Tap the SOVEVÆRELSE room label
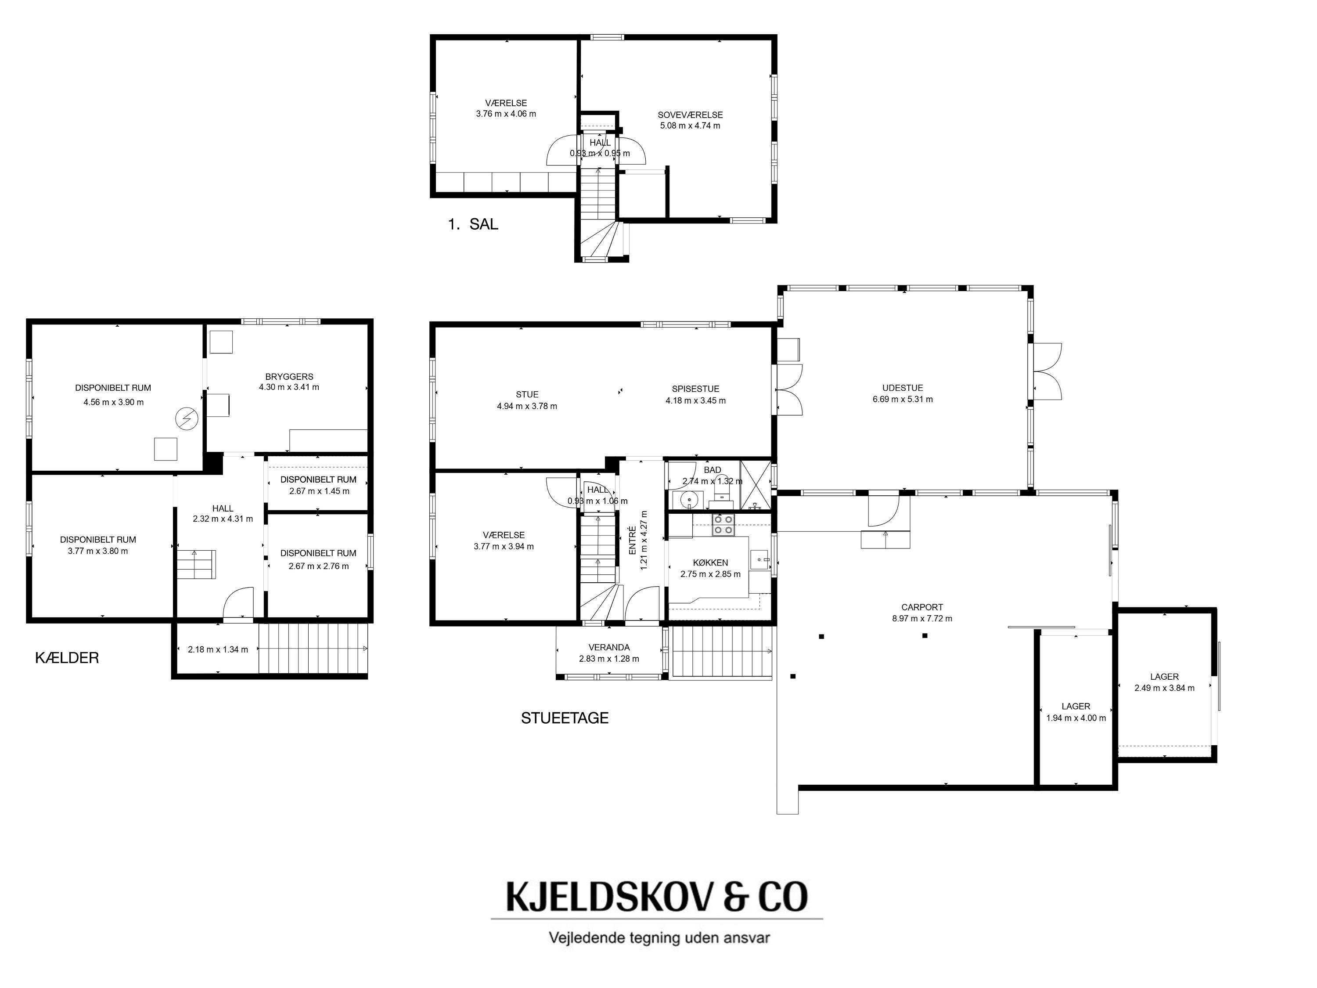point(690,115)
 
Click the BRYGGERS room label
point(289,376)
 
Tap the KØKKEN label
point(710,563)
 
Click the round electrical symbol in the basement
point(187,418)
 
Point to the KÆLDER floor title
point(67,658)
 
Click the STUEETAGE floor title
point(565,718)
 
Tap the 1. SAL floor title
point(473,224)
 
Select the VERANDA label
point(609,647)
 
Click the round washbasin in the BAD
point(690,498)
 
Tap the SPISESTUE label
point(695,389)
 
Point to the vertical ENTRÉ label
point(632,541)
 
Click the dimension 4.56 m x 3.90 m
point(114,402)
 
